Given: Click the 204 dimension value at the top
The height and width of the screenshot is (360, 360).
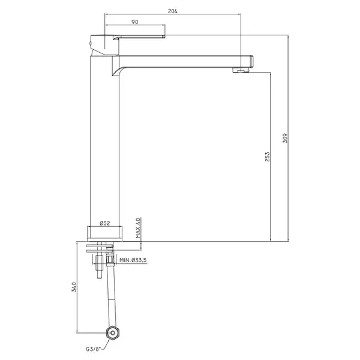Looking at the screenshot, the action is [173, 11].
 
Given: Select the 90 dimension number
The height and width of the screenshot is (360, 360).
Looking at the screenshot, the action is [135, 22].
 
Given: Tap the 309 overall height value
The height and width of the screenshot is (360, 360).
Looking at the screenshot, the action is [284, 138].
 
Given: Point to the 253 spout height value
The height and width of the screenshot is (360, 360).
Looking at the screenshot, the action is [267, 157].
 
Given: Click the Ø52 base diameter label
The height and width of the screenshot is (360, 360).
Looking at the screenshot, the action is [105, 223].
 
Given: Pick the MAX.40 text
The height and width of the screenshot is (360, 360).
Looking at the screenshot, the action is [138, 228].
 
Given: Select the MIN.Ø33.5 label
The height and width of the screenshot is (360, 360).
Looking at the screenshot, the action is [133, 260].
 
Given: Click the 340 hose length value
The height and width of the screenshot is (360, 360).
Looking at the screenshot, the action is [74, 287].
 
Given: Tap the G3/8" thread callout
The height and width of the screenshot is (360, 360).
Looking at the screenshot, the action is [94, 349].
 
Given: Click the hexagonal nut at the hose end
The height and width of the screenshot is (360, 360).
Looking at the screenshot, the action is [113, 332].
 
